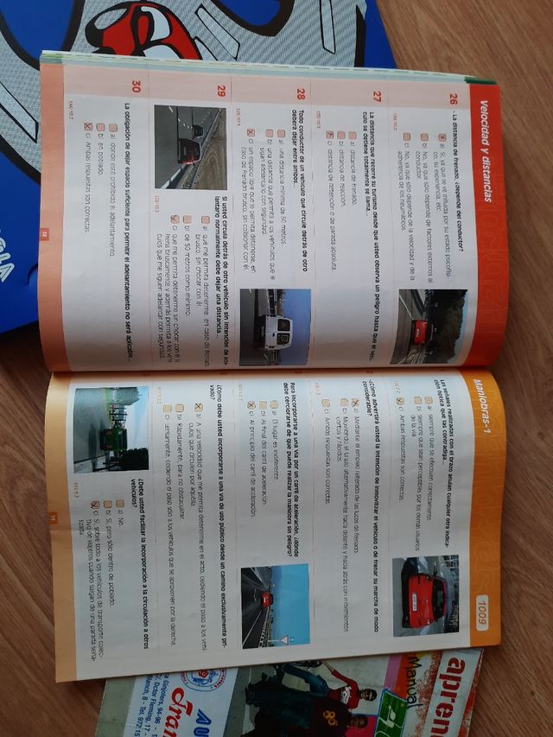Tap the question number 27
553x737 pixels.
377,96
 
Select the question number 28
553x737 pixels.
300,93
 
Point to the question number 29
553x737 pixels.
222,90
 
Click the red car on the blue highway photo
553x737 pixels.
267,599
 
